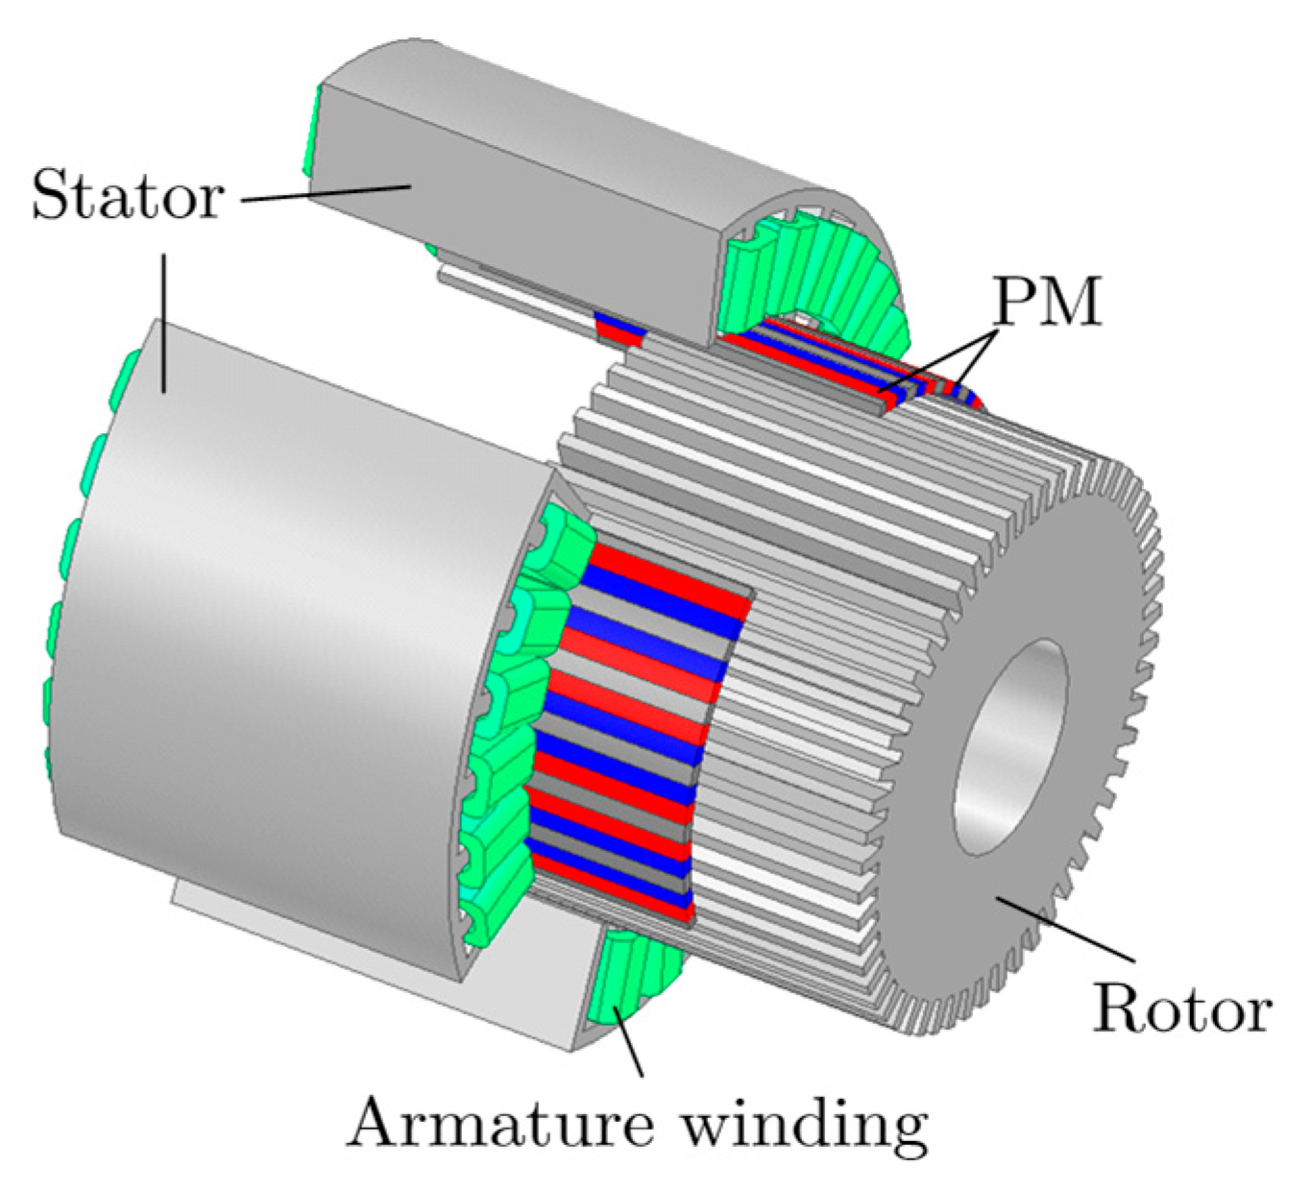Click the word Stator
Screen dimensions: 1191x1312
pos(128,196)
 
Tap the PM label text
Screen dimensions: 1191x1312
pos(1047,304)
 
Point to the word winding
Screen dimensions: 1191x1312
pos(805,1124)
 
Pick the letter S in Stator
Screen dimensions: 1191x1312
pos(48,196)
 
